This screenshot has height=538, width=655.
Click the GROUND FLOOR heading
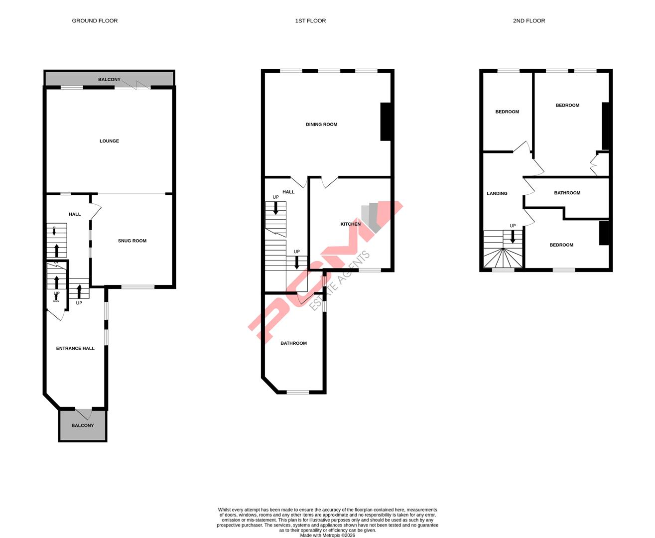pyautogui.click(x=95, y=21)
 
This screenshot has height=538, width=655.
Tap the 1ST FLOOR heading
pyautogui.click(x=310, y=21)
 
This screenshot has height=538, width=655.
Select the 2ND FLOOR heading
pyautogui.click(x=529, y=21)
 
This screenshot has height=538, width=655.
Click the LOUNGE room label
pyautogui.click(x=109, y=141)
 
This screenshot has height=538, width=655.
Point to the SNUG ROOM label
pyautogui.click(x=132, y=241)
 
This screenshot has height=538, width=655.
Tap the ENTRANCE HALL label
pyautogui.click(x=75, y=349)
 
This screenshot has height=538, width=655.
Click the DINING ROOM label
pyautogui.click(x=321, y=125)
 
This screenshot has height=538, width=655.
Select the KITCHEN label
pyautogui.click(x=350, y=224)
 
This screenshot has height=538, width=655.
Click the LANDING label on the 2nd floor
pyautogui.click(x=497, y=194)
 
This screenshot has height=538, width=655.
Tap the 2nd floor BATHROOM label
pyautogui.click(x=567, y=193)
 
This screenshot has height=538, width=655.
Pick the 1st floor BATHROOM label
pyautogui.click(x=293, y=343)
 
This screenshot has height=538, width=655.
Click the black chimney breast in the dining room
pyautogui.click(x=386, y=122)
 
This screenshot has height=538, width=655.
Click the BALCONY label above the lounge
pyautogui.click(x=109, y=80)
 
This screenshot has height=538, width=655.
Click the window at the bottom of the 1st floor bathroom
pyautogui.click(x=298, y=392)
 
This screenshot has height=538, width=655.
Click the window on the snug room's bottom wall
pyautogui.click(x=138, y=286)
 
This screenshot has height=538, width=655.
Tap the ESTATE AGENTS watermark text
pyautogui.click(x=340, y=281)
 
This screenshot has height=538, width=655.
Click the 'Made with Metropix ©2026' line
pyautogui.click(x=327, y=536)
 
